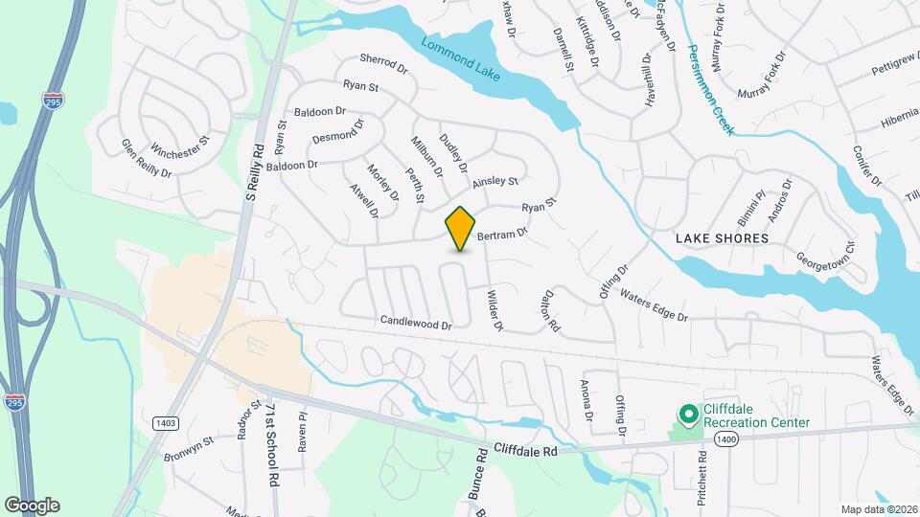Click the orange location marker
(461, 228)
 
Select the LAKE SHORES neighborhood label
(723, 237)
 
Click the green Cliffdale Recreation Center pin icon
(687, 415)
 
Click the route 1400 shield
(725, 438)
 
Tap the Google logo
(32, 505)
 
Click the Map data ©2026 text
(878, 509)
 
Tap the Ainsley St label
(494, 181)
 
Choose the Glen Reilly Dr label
(146, 160)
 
